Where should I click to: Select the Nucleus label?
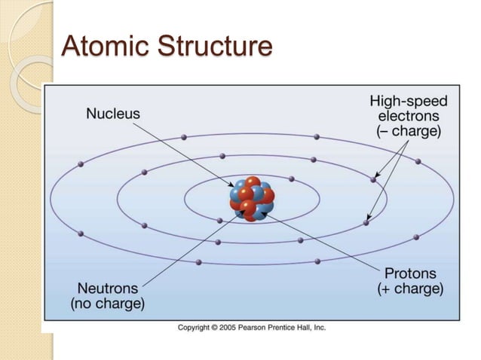coord(113,114)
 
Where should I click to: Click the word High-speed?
coord(408,100)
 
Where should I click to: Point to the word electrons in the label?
coord(408,115)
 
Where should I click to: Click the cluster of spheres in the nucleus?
coord(252,199)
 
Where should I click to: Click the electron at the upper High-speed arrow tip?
coord(372,179)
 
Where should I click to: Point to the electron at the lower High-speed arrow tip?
coord(366,222)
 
